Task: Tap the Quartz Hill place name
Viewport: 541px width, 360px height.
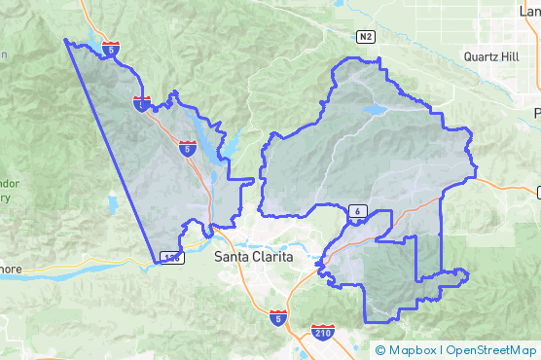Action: click(491, 56)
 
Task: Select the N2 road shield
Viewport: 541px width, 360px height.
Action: click(365, 37)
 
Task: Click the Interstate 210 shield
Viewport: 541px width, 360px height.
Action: click(323, 334)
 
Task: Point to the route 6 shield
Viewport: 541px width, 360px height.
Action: click(358, 211)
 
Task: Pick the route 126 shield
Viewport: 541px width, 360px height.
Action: click(171, 258)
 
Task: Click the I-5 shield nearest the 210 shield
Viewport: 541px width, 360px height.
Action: click(278, 317)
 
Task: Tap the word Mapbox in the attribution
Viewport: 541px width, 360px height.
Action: click(413, 350)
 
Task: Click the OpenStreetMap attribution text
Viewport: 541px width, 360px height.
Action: click(490, 350)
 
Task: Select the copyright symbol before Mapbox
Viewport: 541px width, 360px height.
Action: click(380, 350)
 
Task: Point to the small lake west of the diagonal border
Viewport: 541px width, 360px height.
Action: click(113, 204)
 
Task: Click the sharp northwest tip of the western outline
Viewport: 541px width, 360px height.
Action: click(65, 40)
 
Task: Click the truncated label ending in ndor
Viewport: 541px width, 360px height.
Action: click(8, 183)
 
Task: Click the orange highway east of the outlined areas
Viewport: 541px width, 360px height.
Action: click(506, 183)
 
